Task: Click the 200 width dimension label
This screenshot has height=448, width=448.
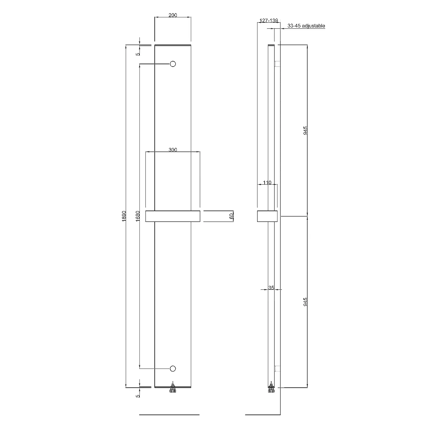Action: pos(173,15)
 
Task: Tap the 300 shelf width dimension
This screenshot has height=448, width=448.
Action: pos(173,150)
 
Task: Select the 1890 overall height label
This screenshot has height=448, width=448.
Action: pos(124,216)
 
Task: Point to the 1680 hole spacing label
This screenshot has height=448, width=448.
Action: pos(138,216)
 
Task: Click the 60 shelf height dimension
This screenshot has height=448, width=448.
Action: pos(231,217)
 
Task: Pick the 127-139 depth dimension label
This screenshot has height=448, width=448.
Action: pos(269,21)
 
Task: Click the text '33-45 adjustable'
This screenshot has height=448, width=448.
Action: pos(306,26)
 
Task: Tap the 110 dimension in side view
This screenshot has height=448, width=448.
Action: pos(267,182)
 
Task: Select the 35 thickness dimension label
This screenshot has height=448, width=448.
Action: pos(271,288)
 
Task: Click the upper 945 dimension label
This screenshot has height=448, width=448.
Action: pos(305,131)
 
